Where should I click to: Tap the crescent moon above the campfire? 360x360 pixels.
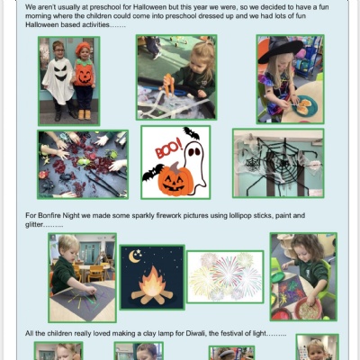134,256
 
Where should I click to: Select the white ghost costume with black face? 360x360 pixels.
58,80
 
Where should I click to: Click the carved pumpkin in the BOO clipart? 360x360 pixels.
175,179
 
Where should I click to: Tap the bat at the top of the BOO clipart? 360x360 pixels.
192,133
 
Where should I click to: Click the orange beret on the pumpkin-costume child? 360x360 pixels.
83,48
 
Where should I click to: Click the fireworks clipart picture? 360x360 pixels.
225,277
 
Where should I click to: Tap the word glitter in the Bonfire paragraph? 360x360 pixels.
34,224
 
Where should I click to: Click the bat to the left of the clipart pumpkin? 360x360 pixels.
153,173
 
